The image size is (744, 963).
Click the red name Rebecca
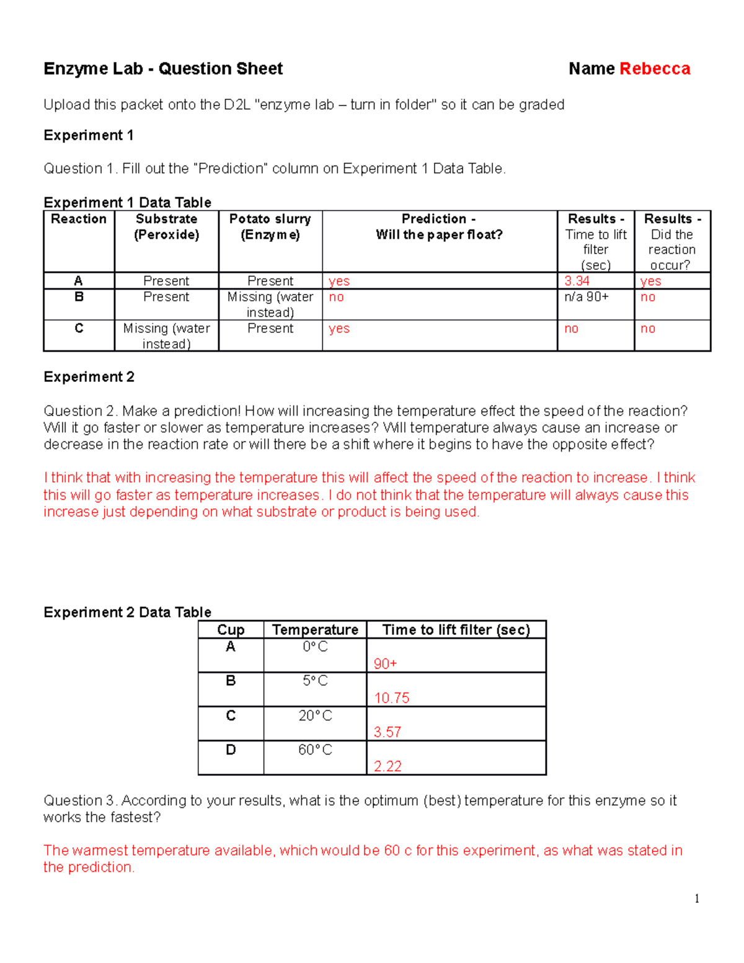655,69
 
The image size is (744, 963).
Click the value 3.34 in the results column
577,281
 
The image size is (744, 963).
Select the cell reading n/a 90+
586,297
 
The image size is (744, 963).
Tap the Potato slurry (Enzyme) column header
270,227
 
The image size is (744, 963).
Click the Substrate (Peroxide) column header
166,227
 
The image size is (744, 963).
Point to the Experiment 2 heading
89,377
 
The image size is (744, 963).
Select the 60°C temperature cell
315,750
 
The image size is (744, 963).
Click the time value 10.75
391,698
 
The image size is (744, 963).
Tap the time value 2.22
387,766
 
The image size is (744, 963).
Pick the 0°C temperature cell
315,647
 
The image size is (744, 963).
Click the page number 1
697,899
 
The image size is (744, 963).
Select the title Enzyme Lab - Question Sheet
163,69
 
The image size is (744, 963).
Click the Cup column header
231,630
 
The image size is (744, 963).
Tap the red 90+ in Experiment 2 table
385,664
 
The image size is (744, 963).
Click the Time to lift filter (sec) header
456,630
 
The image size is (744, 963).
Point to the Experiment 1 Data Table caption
127,203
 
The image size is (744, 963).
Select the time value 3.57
387,732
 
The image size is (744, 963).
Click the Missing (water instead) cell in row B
270,304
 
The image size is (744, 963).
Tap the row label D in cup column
231,750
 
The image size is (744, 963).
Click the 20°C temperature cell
315,716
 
